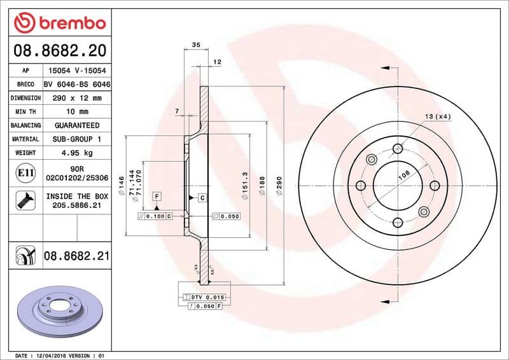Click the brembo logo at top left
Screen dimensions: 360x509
[x=59, y=22]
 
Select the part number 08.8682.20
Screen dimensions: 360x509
[x=59, y=50]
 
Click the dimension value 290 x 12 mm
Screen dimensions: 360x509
[x=77, y=98]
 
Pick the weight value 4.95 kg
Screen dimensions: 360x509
[x=77, y=153]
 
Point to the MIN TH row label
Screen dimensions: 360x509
[x=25, y=112]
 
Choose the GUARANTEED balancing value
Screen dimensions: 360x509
[x=77, y=125]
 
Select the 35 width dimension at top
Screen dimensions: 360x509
[x=196, y=45]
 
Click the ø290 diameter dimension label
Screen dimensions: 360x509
[x=278, y=186]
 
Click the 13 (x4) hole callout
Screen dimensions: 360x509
[x=438, y=116]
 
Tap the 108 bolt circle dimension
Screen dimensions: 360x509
[x=403, y=176]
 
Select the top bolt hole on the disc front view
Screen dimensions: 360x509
[x=398, y=148]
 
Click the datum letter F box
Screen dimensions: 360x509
[x=155, y=197]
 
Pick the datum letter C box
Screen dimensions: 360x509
[x=202, y=198]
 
